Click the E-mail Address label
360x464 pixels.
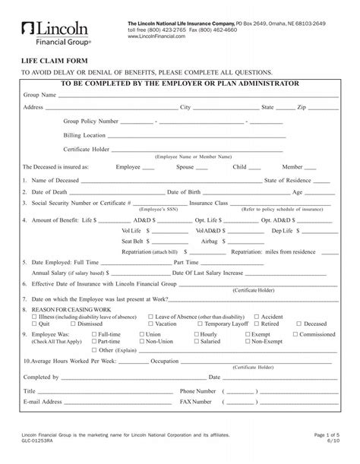click(x=43, y=401)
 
